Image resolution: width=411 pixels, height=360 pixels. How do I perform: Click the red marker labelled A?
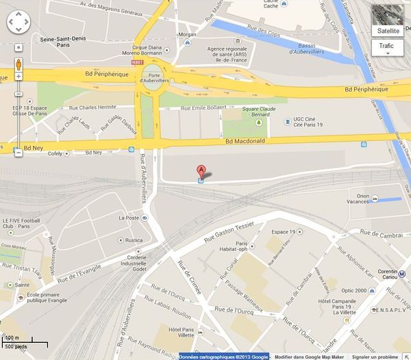pos(201,170)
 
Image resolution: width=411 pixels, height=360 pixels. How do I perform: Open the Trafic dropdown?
pos(387,47)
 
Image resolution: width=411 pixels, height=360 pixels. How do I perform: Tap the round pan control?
pos(18,23)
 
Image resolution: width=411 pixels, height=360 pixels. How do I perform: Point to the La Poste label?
pos(129,218)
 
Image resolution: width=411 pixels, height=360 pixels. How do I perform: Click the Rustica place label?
pos(133,240)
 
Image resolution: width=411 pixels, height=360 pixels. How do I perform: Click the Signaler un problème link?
pos(380,357)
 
